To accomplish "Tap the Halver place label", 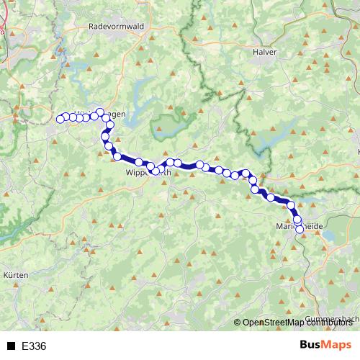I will coord(265,52).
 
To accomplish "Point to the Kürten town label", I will coord(16,276).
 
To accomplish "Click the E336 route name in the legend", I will coord(34,346).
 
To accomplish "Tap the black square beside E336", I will coord(11,346).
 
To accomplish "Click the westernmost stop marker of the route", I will coord(60,119).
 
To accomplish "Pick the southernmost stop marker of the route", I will coord(300,230).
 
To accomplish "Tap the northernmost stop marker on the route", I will coord(100,112).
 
